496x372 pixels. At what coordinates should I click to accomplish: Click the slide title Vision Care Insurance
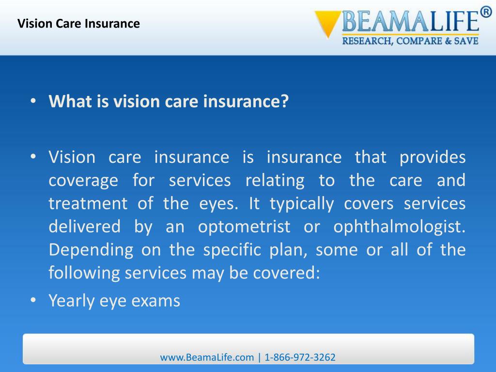[78, 23]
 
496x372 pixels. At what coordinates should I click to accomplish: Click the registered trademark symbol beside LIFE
[486, 13]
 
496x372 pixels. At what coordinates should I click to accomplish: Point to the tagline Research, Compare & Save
[410, 41]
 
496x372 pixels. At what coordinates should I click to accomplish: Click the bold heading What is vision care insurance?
[169, 102]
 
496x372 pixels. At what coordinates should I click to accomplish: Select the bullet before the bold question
[32, 102]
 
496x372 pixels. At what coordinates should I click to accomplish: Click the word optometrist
[244, 227]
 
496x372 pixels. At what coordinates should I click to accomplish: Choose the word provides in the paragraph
[432, 157]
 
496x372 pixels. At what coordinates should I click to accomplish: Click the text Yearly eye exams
[114, 301]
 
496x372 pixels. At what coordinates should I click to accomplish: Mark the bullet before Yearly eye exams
[32, 301]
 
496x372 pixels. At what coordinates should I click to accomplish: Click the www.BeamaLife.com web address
[207, 357]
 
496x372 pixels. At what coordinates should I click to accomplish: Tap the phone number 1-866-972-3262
[300, 357]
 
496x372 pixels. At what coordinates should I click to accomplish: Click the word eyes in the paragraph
[218, 203]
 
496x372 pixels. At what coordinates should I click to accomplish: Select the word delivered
[84, 227]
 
